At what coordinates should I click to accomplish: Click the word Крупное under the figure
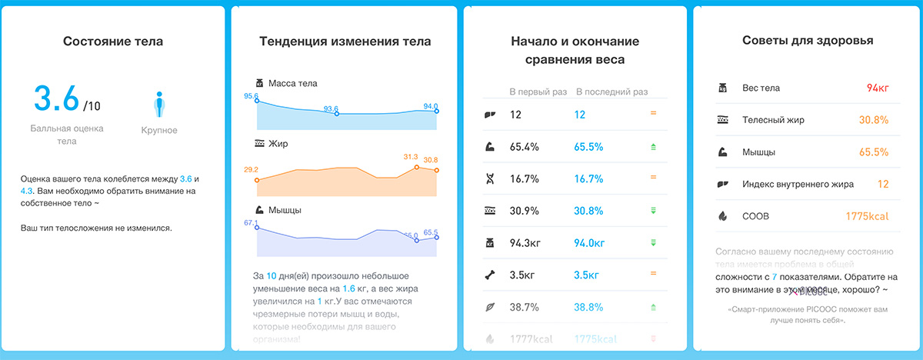(x=159, y=130)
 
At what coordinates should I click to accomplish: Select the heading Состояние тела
(x=113, y=41)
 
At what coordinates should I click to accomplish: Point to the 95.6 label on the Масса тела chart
(x=251, y=96)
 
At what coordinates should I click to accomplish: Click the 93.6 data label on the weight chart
(x=332, y=108)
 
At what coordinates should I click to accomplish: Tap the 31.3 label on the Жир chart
(x=411, y=157)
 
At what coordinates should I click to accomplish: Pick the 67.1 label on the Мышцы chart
(x=251, y=223)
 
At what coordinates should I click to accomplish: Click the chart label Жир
(x=278, y=144)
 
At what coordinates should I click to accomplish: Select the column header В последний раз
(x=612, y=92)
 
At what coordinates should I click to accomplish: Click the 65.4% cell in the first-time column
(x=525, y=146)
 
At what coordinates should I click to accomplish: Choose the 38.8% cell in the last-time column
(x=588, y=306)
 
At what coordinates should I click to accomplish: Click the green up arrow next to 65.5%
(x=653, y=146)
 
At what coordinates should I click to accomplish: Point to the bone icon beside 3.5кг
(x=488, y=274)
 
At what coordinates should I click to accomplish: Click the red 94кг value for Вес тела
(x=877, y=88)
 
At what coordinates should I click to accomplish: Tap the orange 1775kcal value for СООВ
(x=867, y=216)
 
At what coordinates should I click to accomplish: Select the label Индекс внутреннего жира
(x=798, y=185)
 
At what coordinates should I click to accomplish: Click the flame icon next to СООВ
(x=722, y=216)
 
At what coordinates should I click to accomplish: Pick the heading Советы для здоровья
(x=808, y=41)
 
